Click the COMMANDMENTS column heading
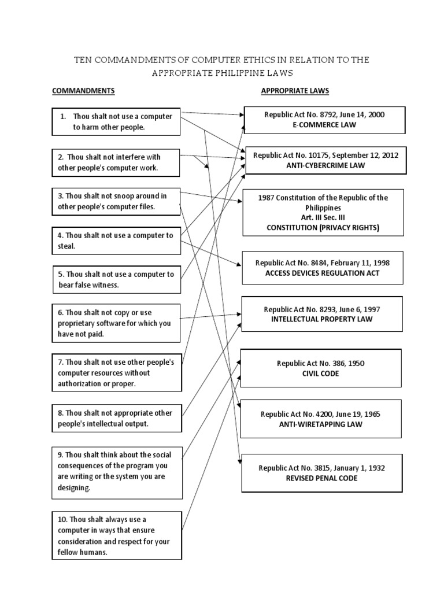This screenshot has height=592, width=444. click(83, 91)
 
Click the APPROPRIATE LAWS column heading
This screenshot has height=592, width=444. click(295, 91)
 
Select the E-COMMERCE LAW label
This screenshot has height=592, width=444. click(324, 124)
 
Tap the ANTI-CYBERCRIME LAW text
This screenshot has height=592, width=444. click(326, 165)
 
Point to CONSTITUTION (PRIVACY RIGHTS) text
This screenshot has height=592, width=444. click(323, 227)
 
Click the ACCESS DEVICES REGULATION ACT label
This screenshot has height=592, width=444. click(323, 273)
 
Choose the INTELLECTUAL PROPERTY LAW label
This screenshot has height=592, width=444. click(322, 319)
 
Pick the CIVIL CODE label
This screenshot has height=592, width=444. click(321, 373)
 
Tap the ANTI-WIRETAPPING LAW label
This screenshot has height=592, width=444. click(321, 424)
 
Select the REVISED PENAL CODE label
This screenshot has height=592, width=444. click(321, 478)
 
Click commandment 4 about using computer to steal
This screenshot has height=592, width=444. click(115, 240)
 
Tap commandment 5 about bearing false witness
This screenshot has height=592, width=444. click(115, 280)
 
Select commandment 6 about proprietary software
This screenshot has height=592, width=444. click(115, 323)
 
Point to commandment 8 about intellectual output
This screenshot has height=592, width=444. click(115, 418)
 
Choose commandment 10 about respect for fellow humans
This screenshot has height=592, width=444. click(115, 535)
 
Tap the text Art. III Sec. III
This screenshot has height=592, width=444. click(323, 217)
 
